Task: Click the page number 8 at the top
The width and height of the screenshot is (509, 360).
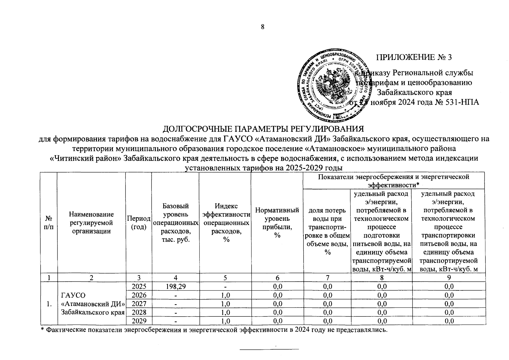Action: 263,27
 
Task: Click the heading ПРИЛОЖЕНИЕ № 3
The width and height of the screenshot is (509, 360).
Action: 414,57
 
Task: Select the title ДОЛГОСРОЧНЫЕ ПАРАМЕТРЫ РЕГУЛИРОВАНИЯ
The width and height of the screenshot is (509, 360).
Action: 263,129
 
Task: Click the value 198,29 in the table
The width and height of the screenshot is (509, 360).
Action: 175,286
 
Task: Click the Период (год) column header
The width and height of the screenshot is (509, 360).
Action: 139,223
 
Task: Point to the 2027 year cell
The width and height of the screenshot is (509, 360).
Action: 139,304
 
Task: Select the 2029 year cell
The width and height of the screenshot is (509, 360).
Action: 139,321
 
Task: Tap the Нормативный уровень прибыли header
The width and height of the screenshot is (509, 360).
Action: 277,223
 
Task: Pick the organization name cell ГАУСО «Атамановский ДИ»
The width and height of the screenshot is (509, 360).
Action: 92,304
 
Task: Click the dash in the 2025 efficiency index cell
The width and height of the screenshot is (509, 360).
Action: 225,286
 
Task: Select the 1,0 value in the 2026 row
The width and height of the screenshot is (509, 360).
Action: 225,295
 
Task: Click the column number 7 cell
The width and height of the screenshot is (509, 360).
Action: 327,278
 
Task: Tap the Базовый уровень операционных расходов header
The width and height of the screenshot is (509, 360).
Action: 175,223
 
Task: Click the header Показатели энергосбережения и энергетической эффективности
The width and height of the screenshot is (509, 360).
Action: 393,180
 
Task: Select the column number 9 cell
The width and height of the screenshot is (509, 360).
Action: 449,278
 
